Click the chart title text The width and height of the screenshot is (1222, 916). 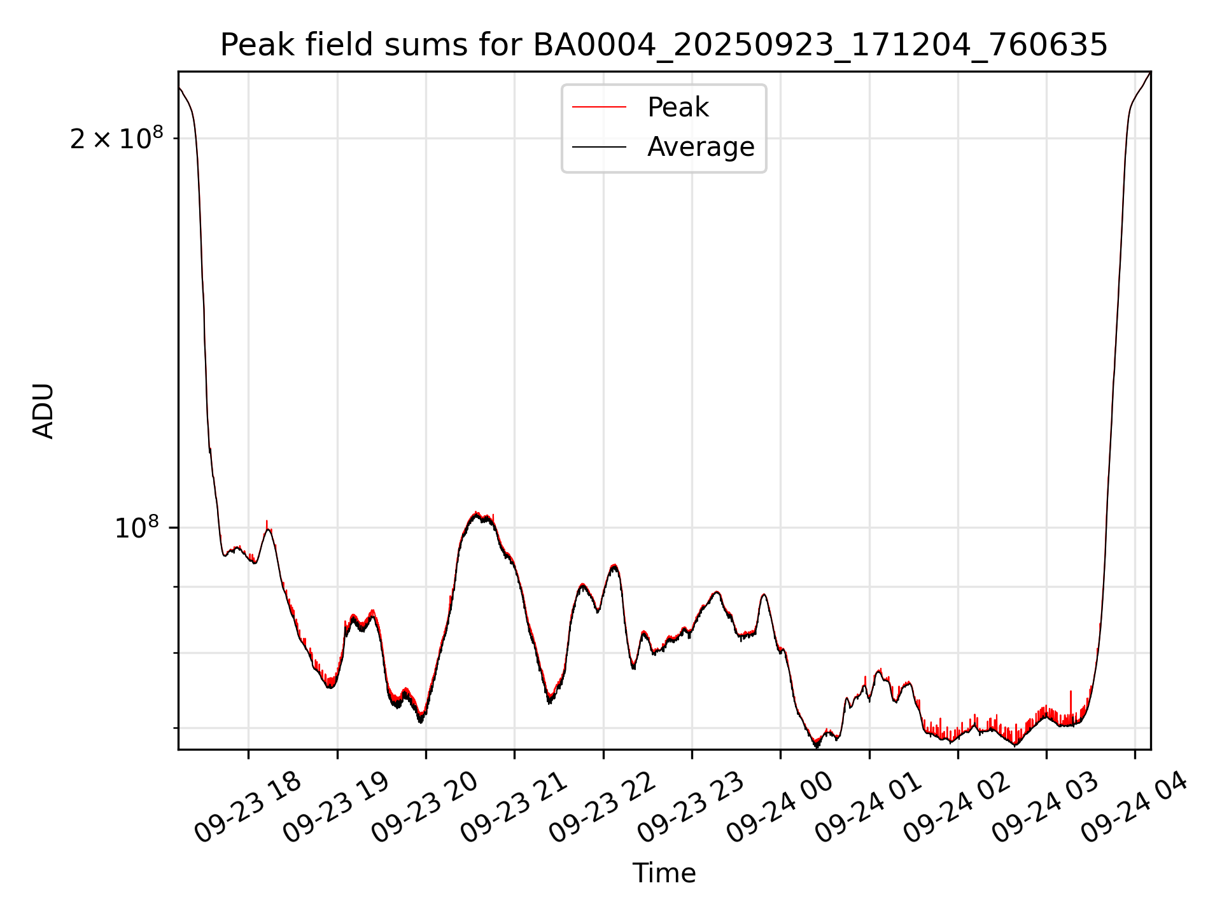pyautogui.click(x=664, y=45)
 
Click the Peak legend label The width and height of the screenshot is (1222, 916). pyautogui.click(x=678, y=108)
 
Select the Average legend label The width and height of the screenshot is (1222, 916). pyautogui.click(x=701, y=147)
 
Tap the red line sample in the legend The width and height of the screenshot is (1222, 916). pyautogui.click(x=599, y=108)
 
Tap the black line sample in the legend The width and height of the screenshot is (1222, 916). pyautogui.click(x=599, y=147)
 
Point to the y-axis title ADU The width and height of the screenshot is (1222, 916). pyautogui.click(x=43, y=410)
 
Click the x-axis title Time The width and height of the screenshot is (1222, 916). pyautogui.click(x=664, y=873)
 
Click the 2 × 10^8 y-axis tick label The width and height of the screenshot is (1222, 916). pyautogui.click(x=116, y=138)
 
